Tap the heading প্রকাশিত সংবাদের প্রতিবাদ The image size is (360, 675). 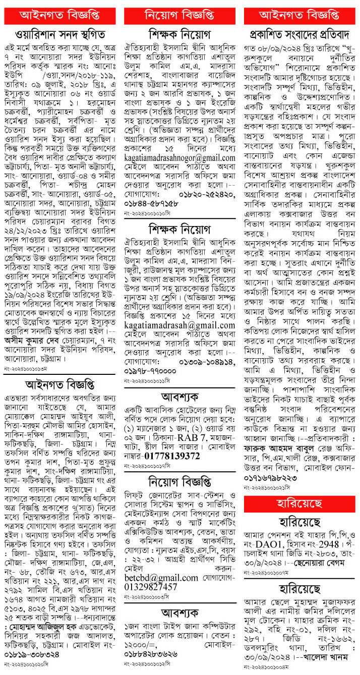coord(301,35)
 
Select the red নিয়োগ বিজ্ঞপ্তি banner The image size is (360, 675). coord(179,15)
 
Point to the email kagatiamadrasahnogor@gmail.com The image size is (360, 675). coord(180,158)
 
